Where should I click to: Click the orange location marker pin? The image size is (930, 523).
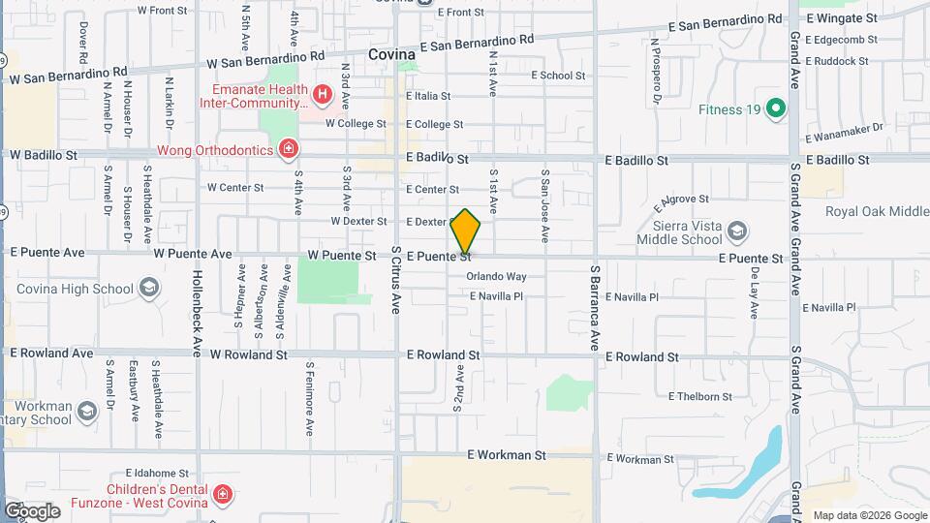point(466,231)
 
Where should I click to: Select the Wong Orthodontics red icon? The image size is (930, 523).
point(288,148)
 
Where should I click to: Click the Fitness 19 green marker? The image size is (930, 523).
point(774,108)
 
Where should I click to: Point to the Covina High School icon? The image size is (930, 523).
point(149,288)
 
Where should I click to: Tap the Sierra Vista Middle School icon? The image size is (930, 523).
point(738,231)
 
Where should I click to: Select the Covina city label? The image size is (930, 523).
point(392,55)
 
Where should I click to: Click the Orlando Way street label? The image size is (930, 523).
point(496,276)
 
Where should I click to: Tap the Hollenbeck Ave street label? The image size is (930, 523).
point(197,306)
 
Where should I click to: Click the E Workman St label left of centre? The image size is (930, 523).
point(507,454)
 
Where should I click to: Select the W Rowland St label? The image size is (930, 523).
point(249,355)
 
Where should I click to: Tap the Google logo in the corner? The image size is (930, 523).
point(32,511)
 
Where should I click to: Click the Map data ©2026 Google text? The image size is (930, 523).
point(869,515)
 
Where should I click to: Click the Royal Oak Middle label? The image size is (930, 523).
point(876,212)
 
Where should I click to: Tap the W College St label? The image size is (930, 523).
point(356,124)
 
